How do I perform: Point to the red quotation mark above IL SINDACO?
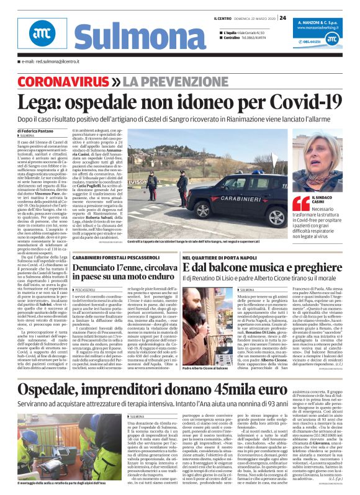pyautogui.click(x=301, y=203)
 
